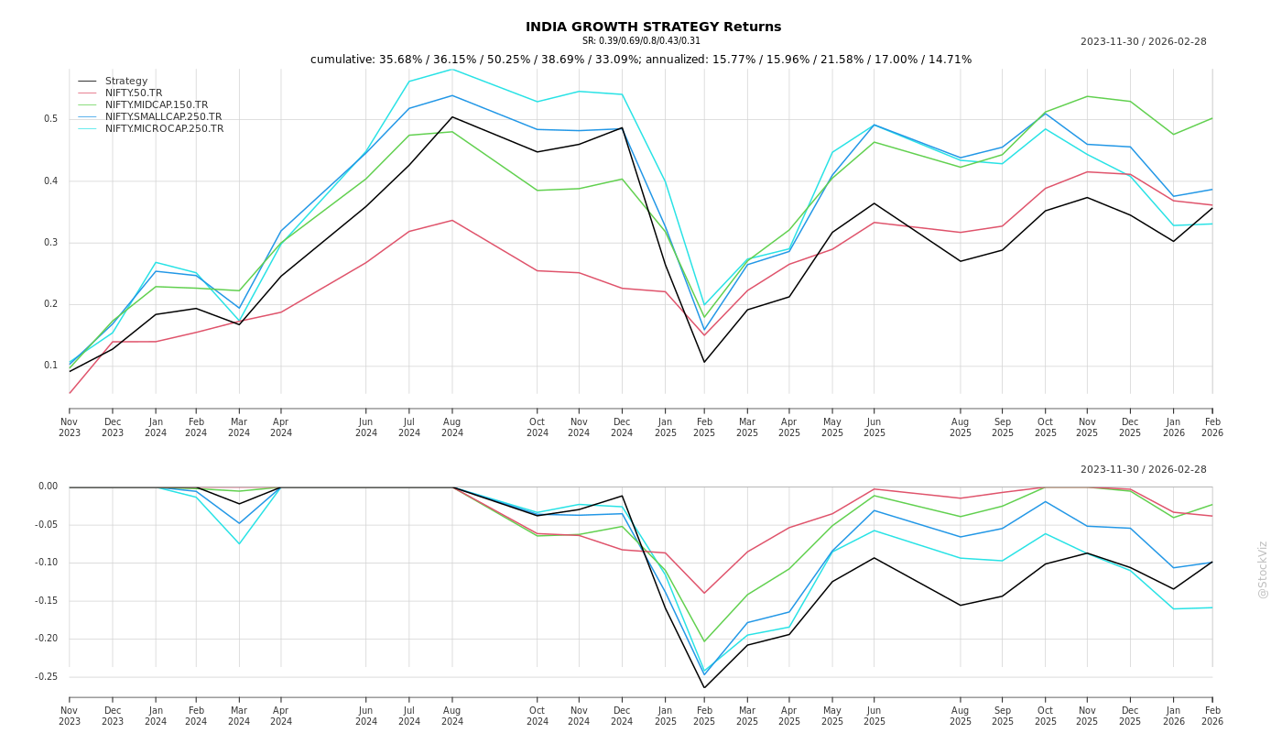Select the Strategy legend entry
[125, 82]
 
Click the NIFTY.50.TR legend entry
[133, 93]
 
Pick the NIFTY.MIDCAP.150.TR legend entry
[156, 105]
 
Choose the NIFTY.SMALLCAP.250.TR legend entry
[163, 117]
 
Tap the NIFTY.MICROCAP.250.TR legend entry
[164, 129]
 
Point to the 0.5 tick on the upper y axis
[51, 119]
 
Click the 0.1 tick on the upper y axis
[51, 366]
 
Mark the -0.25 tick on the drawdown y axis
[48, 677]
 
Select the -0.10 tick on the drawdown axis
[48, 563]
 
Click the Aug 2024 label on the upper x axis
[451, 428]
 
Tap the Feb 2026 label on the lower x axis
[1211, 717]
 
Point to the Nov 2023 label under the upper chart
[70, 428]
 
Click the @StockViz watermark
[1263, 569]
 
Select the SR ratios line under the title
[641, 41]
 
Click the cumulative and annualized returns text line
[641, 60]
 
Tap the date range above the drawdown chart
[1143, 470]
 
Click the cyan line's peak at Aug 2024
[451, 70]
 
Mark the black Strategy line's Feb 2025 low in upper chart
[704, 362]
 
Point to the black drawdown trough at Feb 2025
[704, 688]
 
